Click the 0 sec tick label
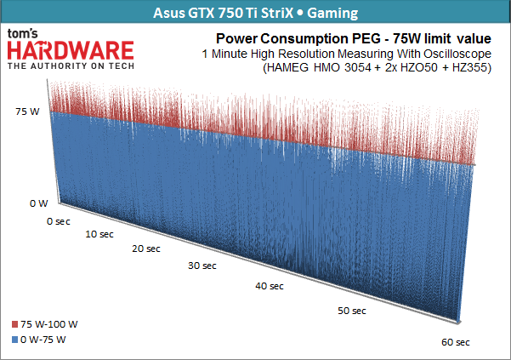[59, 220]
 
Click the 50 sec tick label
[351, 311]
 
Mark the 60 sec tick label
[456, 342]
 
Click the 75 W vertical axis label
[28, 111]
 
